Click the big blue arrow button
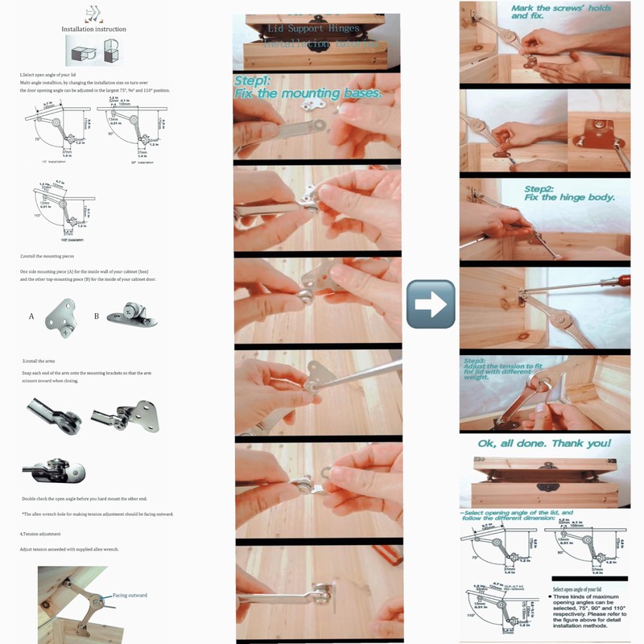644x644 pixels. coord(431,304)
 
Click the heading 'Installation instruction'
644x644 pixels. coord(94,29)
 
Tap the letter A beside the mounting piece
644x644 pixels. coord(31,316)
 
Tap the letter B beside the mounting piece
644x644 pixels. coord(97,316)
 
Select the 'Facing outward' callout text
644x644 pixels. coord(130,595)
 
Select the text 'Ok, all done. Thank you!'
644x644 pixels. coord(545,443)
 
